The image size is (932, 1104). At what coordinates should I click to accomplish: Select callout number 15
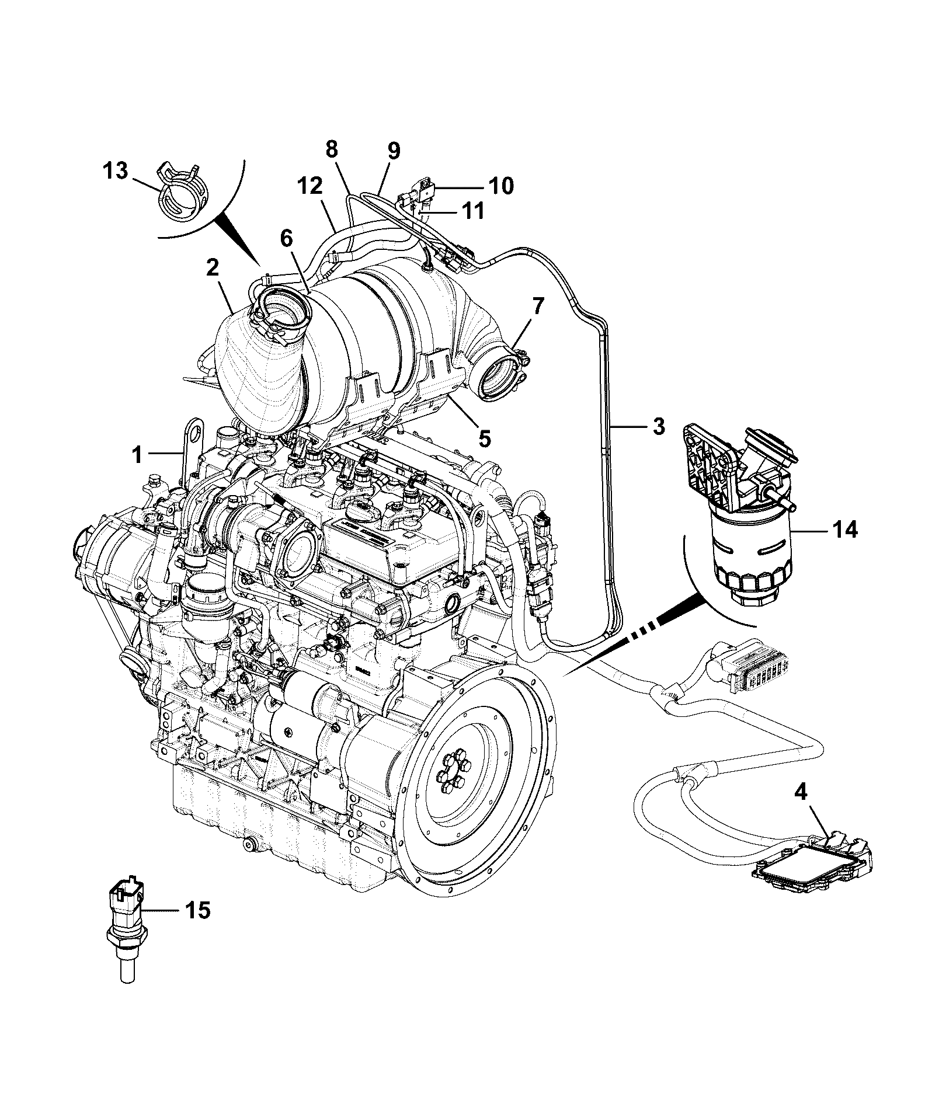point(197,910)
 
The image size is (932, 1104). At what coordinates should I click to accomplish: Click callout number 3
point(658,427)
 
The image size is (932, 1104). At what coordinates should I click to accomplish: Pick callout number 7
point(538,305)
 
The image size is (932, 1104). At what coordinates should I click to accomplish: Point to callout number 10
point(500,186)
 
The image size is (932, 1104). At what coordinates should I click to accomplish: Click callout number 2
point(212,268)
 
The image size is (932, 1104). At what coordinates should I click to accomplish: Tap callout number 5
point(485,438)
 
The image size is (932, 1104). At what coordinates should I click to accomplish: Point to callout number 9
point(394,151)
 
